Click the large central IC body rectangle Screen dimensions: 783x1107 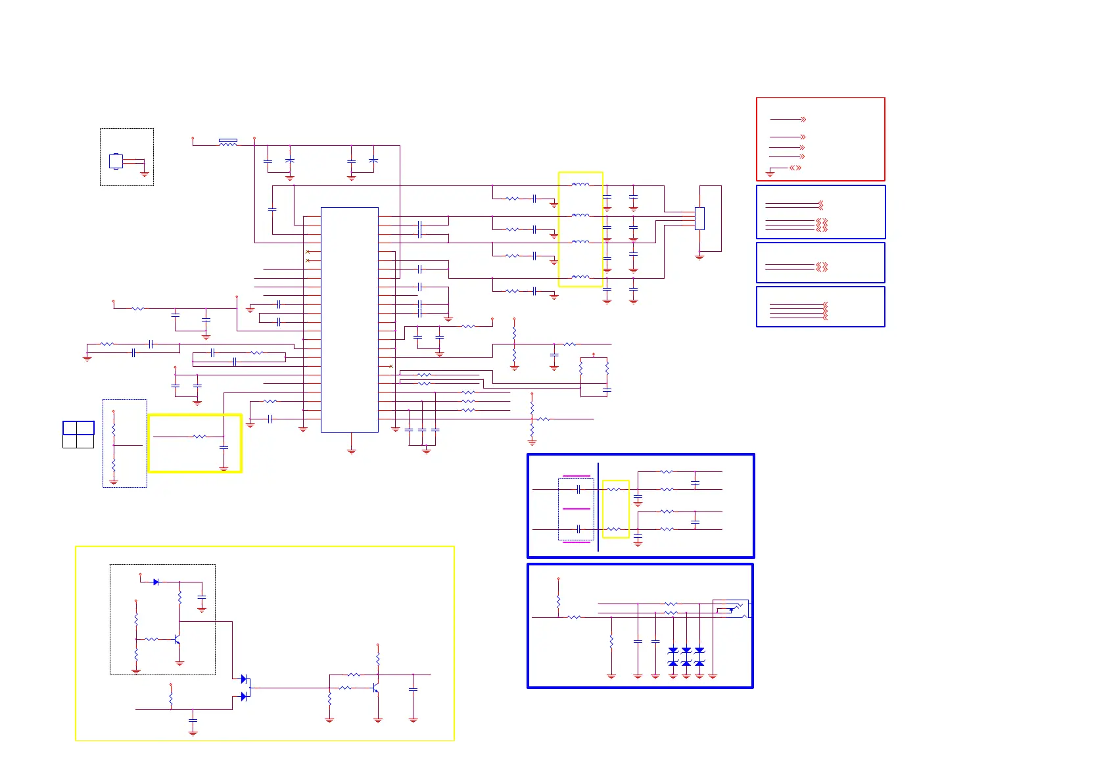click(349, 320)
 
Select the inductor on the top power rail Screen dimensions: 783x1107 click(227, 142)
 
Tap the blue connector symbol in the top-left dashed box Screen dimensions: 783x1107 click(116, 161)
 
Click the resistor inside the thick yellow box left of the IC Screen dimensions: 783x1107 click(199, 437)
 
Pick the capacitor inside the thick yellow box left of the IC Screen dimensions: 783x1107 click(224, 448)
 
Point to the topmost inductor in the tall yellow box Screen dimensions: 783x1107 click(580, 185)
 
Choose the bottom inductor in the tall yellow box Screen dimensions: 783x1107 click(580, 277)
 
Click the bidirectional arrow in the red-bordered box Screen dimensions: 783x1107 click(795, 168)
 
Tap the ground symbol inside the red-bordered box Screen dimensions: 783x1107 click(770, 174)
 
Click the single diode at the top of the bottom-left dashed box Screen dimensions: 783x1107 click(156, 582)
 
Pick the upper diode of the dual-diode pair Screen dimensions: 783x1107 click(244, 679)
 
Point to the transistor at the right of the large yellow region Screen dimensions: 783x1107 click(376, 688)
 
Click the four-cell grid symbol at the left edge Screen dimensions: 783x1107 click(78, 435)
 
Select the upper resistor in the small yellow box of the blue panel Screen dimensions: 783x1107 click(613, 489)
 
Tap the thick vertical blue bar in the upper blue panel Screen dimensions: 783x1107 click(598, 507)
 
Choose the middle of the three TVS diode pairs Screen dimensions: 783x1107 click(686, 656)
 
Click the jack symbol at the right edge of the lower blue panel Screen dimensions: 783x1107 click(731, 609)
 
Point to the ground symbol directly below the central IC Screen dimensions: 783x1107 click(352, 451)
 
